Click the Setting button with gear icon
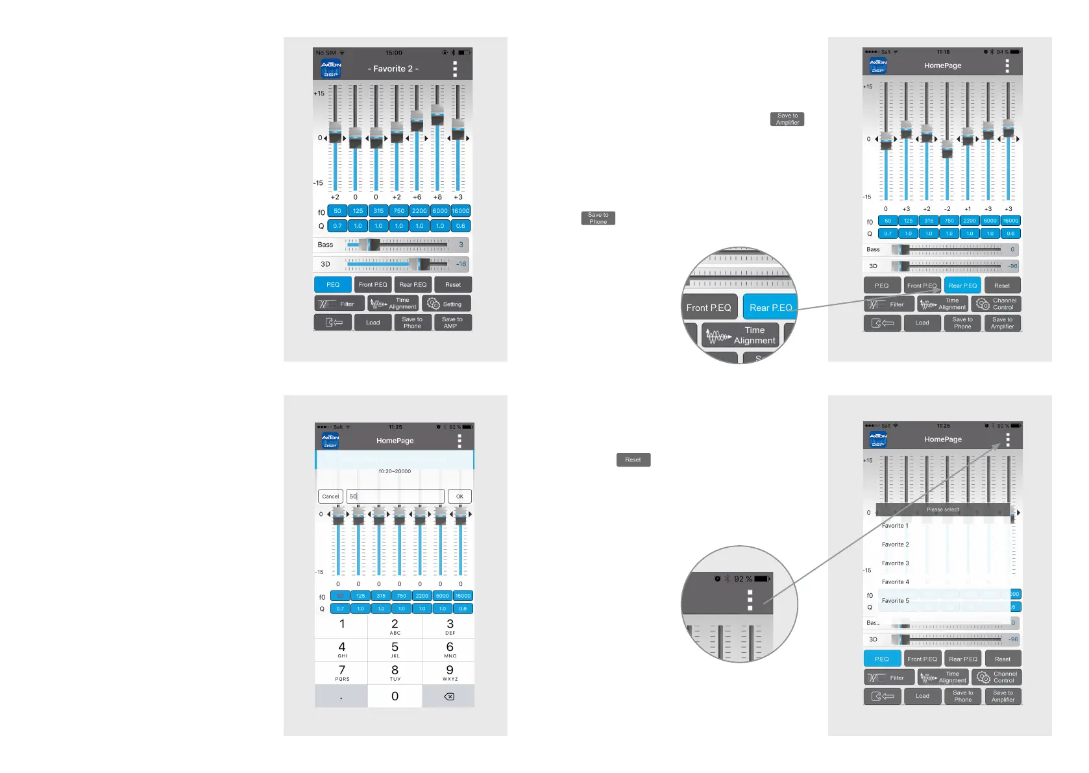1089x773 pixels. (x=446, y=304)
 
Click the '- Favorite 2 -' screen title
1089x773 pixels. (x=393, y=69)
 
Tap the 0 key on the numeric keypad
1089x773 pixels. (x=395, y=696)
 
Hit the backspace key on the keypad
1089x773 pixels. (x=448, y=696)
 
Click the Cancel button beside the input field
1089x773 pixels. (x=330, y=497)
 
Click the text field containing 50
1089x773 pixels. (x=395, y=497)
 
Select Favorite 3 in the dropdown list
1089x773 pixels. (x=896, y=563)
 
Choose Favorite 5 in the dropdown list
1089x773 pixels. (x=896, y=601)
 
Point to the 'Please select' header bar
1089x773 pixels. (x=943, y=509)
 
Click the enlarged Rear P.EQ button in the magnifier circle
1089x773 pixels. (x=770, y=308)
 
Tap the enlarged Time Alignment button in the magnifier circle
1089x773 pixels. (x=741, y=336)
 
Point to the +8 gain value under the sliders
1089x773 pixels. (x=437, y=197)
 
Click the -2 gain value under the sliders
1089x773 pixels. (x=947, y=209)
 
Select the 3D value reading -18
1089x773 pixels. (x=461, y=264)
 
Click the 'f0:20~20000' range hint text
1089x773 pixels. (x=395, y=471)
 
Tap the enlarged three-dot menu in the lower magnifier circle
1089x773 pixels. (x=750, y=600)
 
